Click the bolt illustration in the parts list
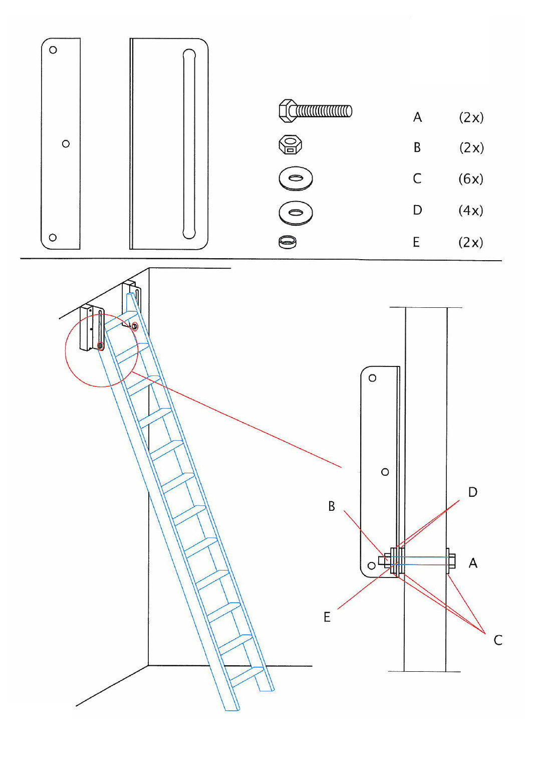[315, 111]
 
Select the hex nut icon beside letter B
[290, 145]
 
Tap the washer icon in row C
[296, 178]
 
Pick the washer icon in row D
[296, 213]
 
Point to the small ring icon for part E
[288, 242]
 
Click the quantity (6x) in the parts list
[471, 179]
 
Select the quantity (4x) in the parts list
[471, 211]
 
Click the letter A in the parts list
[417, 117]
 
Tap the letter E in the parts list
[416, 242]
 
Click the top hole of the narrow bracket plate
[53, 50]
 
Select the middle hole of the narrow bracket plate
[66, 144]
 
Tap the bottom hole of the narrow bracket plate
[53, 238]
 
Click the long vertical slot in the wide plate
[189, 144]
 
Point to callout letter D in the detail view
[473, 492]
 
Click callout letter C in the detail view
[498, 640]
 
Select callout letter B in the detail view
[332, 506]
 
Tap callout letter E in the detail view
[327, 617]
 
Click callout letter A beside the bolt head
[473, 563]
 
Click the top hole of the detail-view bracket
[372, 378]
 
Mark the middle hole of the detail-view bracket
[385, 472]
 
